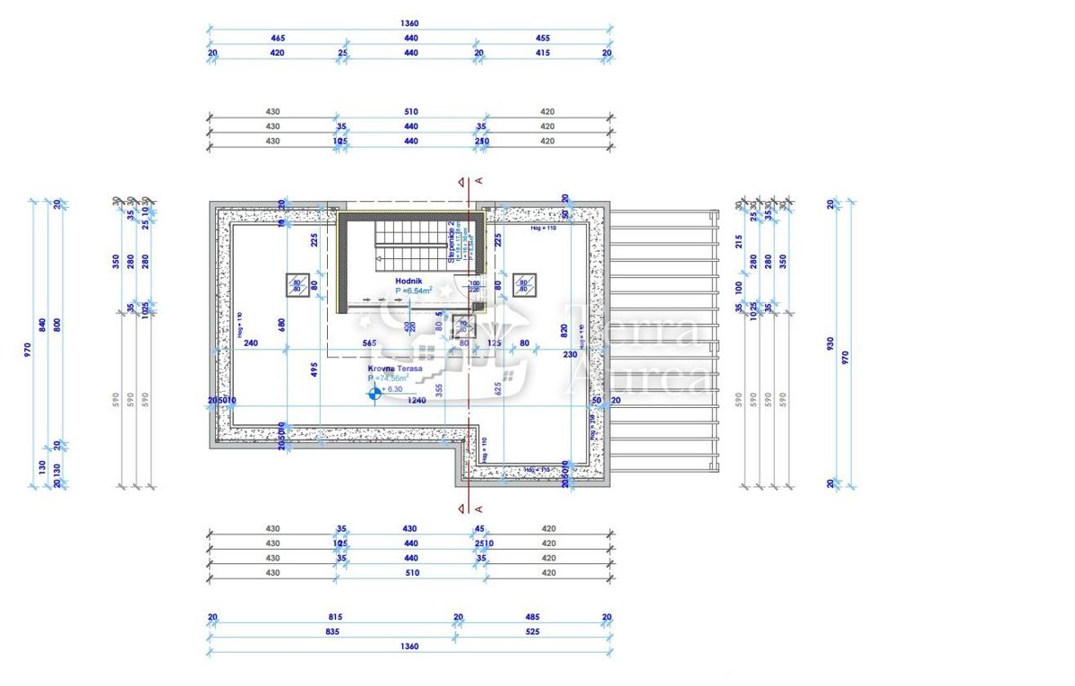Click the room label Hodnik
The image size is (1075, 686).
point(408,281)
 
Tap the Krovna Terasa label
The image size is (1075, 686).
point(389,369)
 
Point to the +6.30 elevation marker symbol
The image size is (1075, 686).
point(374,391)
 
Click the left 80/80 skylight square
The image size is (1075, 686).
point(297,285)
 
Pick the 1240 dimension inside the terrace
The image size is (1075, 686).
point(415,401)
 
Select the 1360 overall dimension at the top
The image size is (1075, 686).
point(410,23)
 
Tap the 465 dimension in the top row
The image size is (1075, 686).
point(278,39)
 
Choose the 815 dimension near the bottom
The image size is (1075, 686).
point(335,617)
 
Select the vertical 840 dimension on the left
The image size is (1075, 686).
point(42,325)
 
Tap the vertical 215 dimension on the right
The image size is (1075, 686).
point(739,241)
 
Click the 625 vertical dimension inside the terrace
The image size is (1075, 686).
point(498,387)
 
